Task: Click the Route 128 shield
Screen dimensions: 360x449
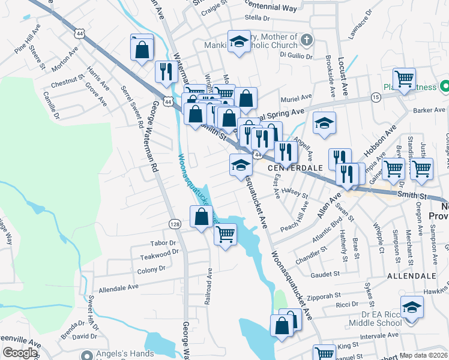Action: tap(174, 224)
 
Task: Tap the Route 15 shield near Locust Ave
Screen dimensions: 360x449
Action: tap(376, 97)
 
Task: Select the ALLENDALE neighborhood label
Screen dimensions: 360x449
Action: tap(411, 276)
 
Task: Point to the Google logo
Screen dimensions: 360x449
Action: tap(20, 353)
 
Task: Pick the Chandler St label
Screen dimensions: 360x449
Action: tap(312, 256)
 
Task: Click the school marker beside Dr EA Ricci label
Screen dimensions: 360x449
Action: tap(412, 307)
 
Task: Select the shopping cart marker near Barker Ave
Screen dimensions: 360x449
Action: tap(405, 78)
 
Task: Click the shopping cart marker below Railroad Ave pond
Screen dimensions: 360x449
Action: tap(225, 233)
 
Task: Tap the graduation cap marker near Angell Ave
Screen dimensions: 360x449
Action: tap(325, 123)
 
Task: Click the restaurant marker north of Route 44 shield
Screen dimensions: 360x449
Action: tap(164, 71)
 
